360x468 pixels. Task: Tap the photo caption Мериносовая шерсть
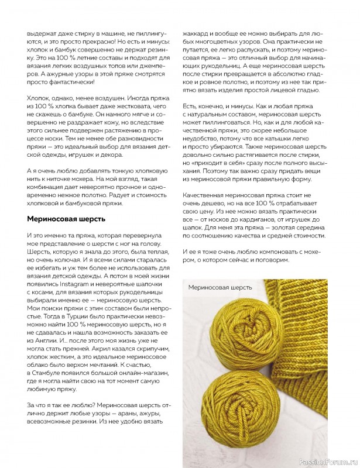(x=220, y=287)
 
